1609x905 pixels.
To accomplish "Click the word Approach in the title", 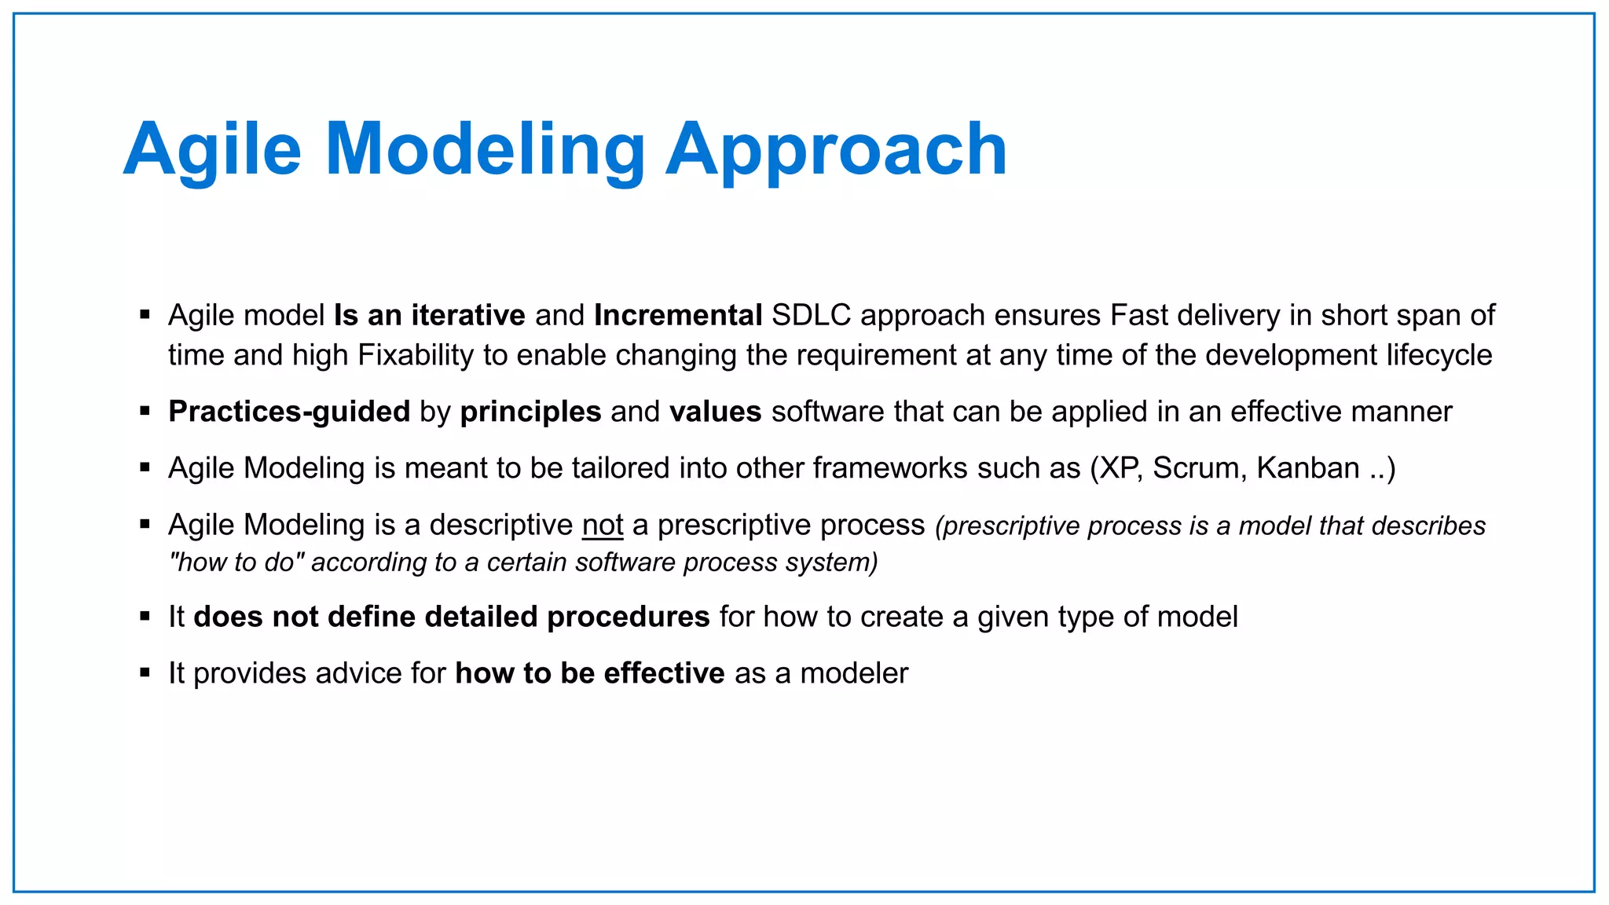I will [836, 149].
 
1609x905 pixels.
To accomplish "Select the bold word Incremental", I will [678, 315].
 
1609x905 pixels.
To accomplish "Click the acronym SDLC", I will [812, 315].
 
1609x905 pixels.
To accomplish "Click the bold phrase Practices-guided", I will [289, 412].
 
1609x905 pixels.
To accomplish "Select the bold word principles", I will [530, 412].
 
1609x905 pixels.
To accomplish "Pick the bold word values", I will [715, 412].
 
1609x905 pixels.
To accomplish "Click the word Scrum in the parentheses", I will [1199, 468].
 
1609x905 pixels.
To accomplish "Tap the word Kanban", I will [1308, 468].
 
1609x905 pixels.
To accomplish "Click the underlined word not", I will [603, 525].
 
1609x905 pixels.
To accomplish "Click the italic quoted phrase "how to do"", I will [236, 562].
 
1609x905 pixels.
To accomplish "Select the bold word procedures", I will [629, 617].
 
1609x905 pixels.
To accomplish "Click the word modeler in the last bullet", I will [854, 673].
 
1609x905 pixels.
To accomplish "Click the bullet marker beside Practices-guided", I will [145, 411].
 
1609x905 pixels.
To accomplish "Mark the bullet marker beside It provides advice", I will [145, 672].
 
